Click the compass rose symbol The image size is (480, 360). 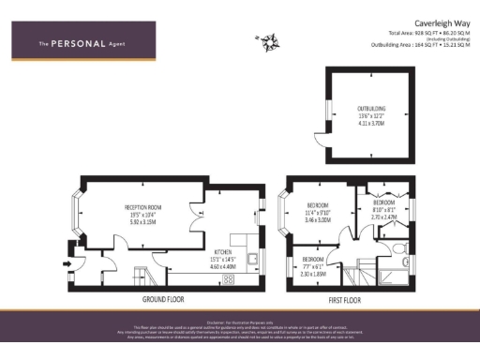point(267,40)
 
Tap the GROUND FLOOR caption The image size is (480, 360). point(162,299)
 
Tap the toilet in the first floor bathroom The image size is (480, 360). point(398,249)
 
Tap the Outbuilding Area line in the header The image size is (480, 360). point(419,44)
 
